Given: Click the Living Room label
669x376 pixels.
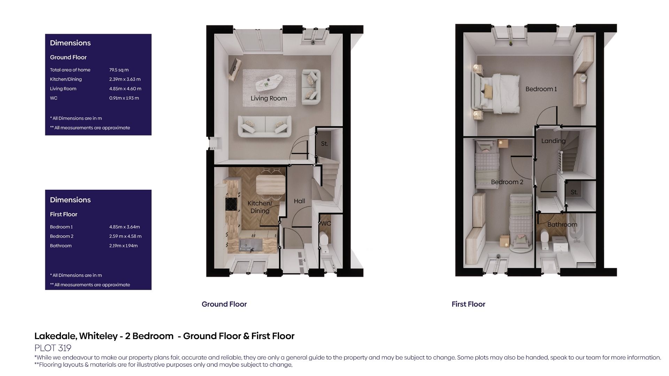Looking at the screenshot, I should (x=269, y=99).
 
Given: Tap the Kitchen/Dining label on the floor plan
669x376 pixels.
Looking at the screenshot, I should (x=260, y=207).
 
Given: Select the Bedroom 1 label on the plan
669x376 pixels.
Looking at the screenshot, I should (x=541, y=89).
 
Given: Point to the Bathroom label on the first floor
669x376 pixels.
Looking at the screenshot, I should (x=562, y=225).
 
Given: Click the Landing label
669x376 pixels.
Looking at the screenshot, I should (x=553, y=141).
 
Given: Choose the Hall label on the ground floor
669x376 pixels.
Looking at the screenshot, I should (x=299, y=201).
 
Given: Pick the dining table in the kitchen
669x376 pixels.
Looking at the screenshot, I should (x=270, y=184).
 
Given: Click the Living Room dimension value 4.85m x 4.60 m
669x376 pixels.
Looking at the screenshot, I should (x=125, y=89).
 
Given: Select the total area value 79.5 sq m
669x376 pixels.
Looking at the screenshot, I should (x=119, y=70).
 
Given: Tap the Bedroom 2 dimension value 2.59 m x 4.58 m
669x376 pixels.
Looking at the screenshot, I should (x=125, y=236).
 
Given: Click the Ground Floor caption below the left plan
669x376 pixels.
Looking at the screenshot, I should (x=224, y=304).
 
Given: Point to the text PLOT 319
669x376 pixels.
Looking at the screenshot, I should (x=53, y=348).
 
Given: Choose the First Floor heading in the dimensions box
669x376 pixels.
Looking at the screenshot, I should (x=63, y=214).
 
